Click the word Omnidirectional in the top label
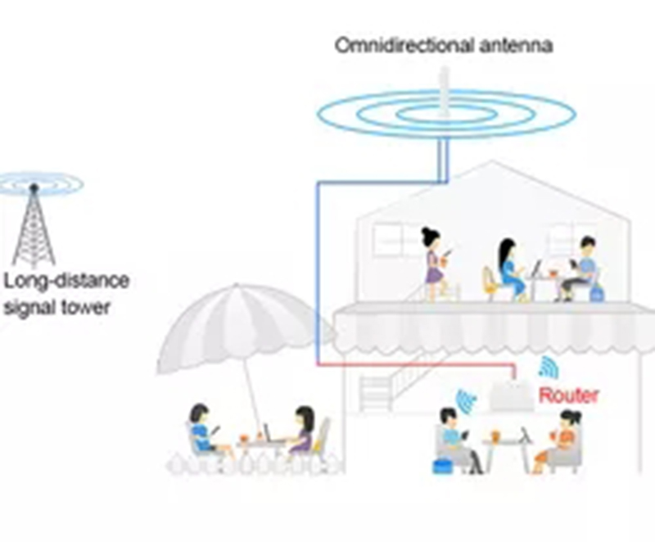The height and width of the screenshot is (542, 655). [404, 45]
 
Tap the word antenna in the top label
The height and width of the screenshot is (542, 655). [516, 46]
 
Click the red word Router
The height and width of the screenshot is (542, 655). [568, 395]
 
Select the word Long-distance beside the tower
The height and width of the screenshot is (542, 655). [66, 281]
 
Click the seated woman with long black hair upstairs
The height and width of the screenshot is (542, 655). [510, 269]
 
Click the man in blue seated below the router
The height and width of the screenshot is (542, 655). [456, 440]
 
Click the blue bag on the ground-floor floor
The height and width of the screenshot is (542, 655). [445, 466]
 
